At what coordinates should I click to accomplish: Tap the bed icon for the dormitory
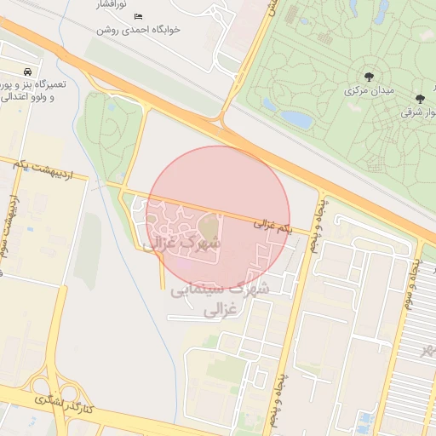point(139,16)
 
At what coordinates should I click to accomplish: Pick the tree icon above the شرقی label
point(419,98)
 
